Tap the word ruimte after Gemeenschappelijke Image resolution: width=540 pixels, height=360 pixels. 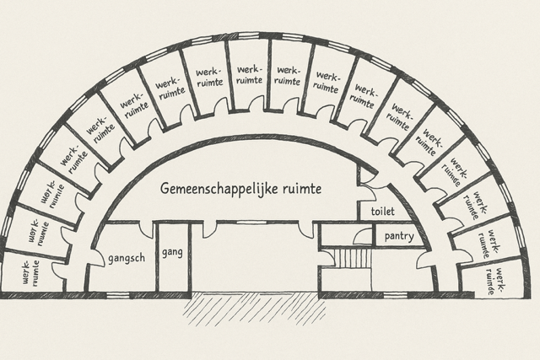coord(302,189)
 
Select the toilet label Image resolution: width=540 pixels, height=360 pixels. coord(382,211)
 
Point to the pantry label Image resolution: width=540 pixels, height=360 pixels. coord(399,236)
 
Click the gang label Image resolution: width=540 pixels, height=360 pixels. coord(172,253)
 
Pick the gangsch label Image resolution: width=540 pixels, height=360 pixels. coord(127,259)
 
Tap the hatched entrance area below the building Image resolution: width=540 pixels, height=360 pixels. coord(256,309)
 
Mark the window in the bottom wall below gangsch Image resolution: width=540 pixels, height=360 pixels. coord(118,295)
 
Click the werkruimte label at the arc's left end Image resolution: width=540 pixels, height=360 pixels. coord(31,272)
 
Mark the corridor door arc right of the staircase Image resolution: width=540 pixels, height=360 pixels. coord(425,261)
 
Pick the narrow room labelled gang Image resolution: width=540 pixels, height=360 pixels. coord(173,257)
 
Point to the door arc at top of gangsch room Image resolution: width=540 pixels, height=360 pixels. coord(146,230)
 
